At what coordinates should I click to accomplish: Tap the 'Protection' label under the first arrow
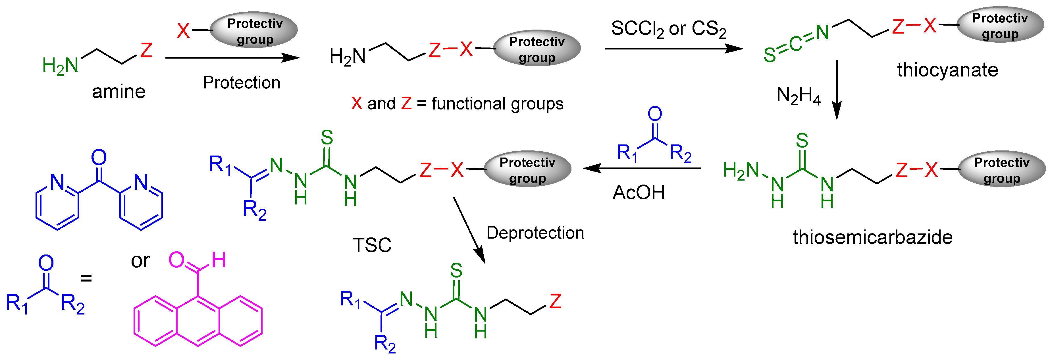[x=241, y=83]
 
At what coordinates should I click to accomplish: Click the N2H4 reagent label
[x=798, y=96]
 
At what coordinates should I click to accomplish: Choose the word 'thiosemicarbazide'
[x=872, y=237]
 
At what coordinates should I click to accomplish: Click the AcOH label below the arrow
[x=638, y=193]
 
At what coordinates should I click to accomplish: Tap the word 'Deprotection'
[x=535, y=233]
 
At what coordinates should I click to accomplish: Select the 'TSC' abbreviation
[x=372, y=245]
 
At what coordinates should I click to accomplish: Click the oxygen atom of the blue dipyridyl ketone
[x=99, y=157]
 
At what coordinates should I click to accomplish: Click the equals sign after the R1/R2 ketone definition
[x=86, y=278]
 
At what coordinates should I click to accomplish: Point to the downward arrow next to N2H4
[x=837, y=90]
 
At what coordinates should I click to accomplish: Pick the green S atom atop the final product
[x=456, y=271]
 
